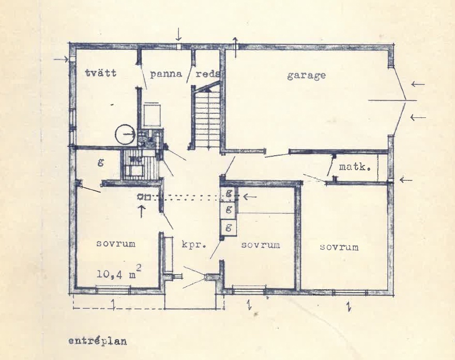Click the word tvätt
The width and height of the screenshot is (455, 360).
coord(101,72)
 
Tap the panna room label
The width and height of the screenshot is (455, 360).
coord(166,74)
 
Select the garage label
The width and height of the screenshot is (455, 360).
coord(307,76)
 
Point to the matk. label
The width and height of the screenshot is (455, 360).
coord(355,167)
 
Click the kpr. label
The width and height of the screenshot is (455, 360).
coord(193,245)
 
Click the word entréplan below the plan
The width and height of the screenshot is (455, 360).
coord(98,341)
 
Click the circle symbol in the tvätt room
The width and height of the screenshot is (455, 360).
coord(125,134)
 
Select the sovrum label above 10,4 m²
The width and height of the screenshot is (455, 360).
coord(116,243)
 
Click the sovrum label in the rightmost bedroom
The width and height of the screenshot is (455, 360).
coord(339,247)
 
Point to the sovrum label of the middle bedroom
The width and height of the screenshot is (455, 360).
coord(261,245)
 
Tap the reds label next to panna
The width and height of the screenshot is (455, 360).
coord(207,74)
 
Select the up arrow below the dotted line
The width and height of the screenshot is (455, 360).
coord(141,212)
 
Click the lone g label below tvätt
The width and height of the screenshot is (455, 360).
coord(101,162)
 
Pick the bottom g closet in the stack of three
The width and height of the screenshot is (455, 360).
coord(229,227)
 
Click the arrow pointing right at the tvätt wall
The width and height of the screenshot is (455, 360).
coord(61,59)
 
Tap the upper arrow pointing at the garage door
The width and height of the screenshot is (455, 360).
coord(418,84)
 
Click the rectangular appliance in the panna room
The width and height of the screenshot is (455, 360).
coord(152,115)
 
